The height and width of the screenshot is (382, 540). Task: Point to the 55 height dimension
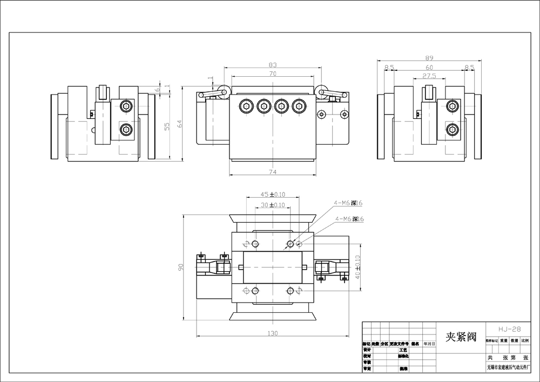(167, 126)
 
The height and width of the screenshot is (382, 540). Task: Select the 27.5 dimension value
(429, 76)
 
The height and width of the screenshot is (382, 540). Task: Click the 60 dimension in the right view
(429, 68)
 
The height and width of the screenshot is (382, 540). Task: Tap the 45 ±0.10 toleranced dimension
(273, 194)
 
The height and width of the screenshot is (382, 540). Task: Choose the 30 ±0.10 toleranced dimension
(273, 205)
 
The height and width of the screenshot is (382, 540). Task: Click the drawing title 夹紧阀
(460, 337)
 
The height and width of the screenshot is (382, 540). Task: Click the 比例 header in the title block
(525, 341)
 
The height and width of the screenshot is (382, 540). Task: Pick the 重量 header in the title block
(503, 341)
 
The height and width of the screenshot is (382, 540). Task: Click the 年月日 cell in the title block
(429, 343)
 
